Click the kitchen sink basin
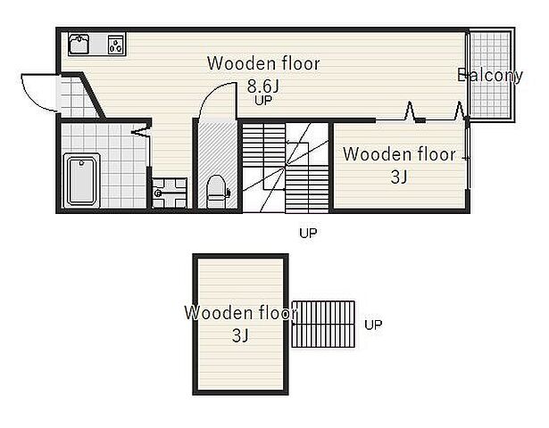(x=79, y=45)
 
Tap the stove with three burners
(x=116, y=45)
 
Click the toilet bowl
(x=216, y=192)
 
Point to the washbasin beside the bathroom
(x=170, y=193)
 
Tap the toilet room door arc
(x=214, y=98)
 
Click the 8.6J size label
(x=263, y=86)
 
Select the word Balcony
(x=490, y=76)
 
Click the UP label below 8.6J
(x=263, y=101)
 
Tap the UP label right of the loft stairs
(x=373, y=325)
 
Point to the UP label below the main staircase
(x=308, y=233)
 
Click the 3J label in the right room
(x=399, y=177)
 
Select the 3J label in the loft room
(x=240, y=335)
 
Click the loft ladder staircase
(x=323, y=325)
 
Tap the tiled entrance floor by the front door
(x=77, y=96)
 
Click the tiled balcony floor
(x=490, y=75)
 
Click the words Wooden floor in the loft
(x=241, y=313)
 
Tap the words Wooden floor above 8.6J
(x=263, y=63)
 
